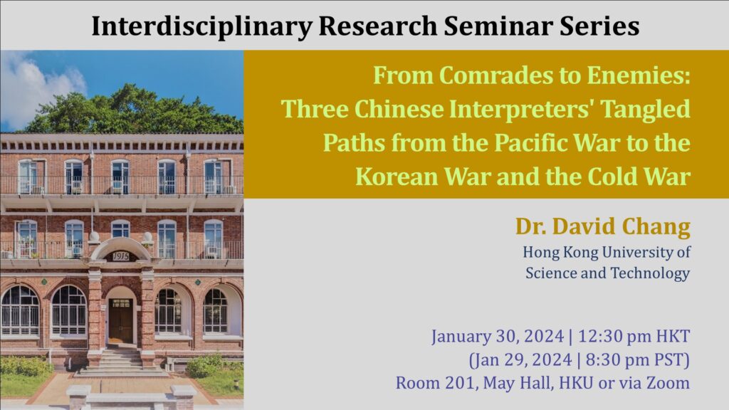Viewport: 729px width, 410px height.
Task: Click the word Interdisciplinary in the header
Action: pos(201,27)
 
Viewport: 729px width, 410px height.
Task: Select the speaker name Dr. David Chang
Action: pos(602,227)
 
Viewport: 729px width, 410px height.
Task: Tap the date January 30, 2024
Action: pos(498,337)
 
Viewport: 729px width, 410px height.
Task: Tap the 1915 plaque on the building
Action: pos(120,256)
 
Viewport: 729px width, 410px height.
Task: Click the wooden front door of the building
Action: pos(121,320)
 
